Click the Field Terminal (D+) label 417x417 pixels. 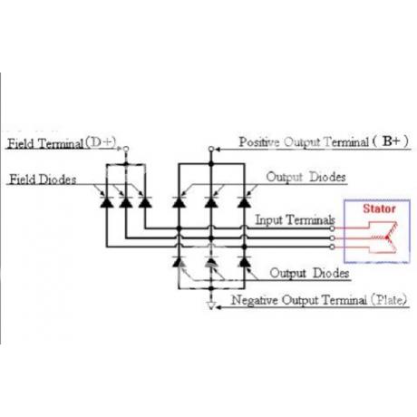tap(62, 143)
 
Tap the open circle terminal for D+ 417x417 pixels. tap(126, 149)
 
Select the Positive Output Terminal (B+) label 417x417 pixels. tap(324, 141)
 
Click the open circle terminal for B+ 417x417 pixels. tap(211, 149)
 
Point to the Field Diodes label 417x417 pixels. tap(43, 179)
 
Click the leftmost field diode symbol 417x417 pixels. tap(107, 201)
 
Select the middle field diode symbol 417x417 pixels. tap(126, 201)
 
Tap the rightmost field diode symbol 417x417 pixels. tap(145, 201)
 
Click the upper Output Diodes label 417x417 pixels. tap(305, 177)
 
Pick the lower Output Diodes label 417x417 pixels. tap(309, 273)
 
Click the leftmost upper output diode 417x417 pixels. tap(179, 201)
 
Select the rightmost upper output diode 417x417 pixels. tap(244, 201)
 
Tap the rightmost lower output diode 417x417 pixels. tap(244, 261)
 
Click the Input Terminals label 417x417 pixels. tap(295, 219)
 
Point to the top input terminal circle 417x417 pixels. tap(332, 228)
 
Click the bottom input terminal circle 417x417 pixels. tap(332, 247)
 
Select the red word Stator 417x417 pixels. tap(379, 208)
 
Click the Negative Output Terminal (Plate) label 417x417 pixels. tap(319, 300)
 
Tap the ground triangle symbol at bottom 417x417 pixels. tap(211, 306)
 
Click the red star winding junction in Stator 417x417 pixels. tap(387, 238)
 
